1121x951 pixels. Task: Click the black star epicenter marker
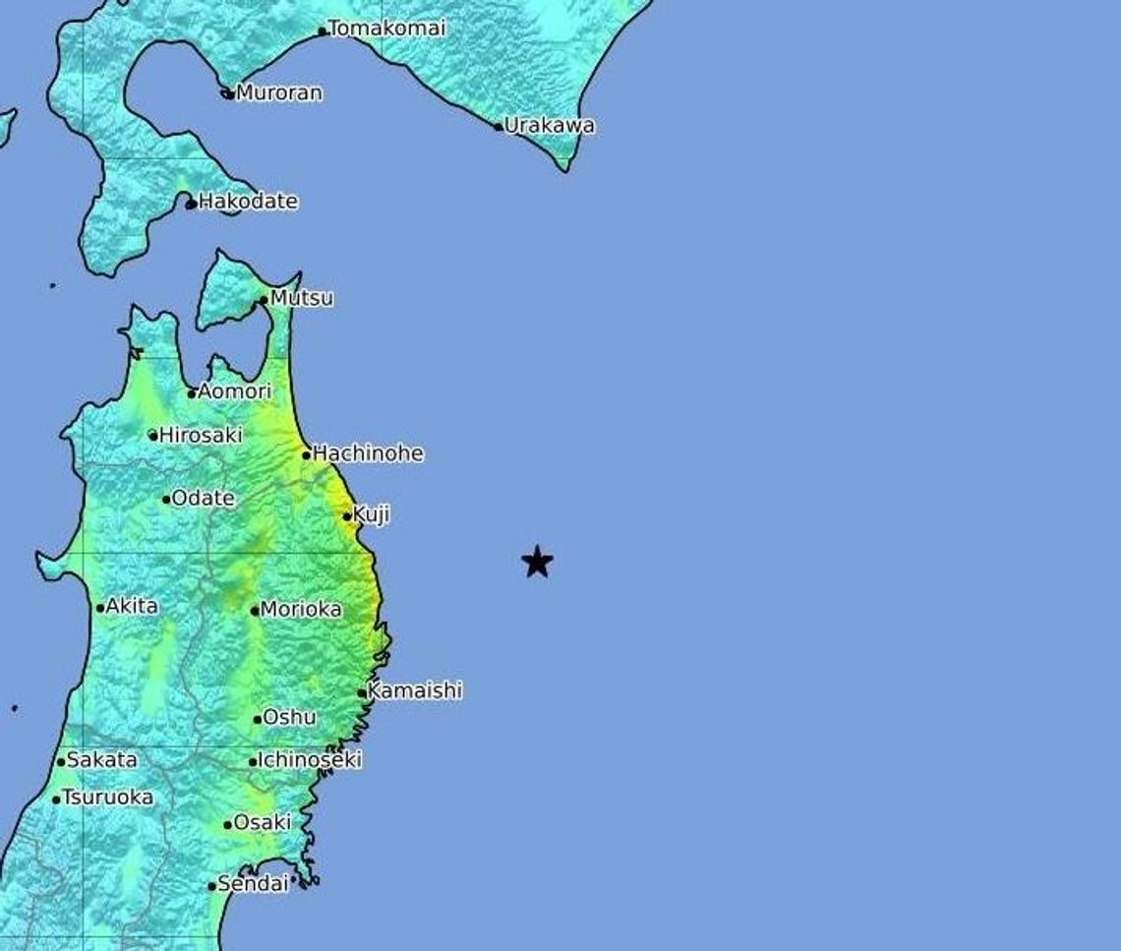coord(537,562)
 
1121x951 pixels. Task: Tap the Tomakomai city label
coord(386,29)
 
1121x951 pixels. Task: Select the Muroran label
coord(279,93)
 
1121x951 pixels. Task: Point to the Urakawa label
coord(550,126)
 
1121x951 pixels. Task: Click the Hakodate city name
coord(248,202)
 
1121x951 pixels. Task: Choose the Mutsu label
coord(302,298)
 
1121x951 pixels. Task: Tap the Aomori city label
coord(234,391)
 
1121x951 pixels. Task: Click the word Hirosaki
coord(201,435)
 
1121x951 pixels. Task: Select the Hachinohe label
coord(369,453)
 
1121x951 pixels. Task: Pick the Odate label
coord(204,499)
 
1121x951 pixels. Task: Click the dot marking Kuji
coord(347,515)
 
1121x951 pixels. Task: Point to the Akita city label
coord(132,606)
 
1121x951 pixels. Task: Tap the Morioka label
coord(301,610)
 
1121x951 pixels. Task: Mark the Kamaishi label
coord(414,691)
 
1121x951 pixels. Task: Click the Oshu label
coord(289,718)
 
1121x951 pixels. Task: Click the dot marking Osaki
coord(227,825)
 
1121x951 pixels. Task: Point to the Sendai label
coord(253,884)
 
